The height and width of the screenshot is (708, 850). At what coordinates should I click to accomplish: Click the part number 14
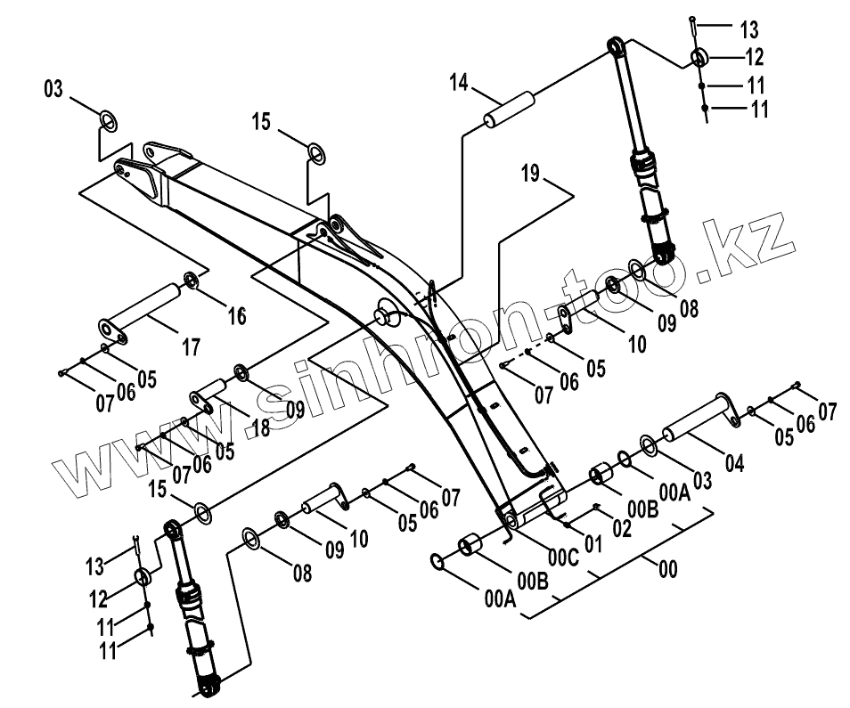click(458, 84)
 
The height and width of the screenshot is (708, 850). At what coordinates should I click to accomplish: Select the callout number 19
click(531, 174)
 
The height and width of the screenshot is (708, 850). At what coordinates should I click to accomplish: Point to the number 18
click(259, 427)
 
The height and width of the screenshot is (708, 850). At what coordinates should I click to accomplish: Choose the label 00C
click(562, 558)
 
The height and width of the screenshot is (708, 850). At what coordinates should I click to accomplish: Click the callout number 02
click(622, 527)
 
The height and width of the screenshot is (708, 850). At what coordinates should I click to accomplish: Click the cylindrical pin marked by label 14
click(508, 108)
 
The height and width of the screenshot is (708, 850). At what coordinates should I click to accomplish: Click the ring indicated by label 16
click(190, 283)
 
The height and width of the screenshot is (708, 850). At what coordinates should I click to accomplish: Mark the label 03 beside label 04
click(702, 481)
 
